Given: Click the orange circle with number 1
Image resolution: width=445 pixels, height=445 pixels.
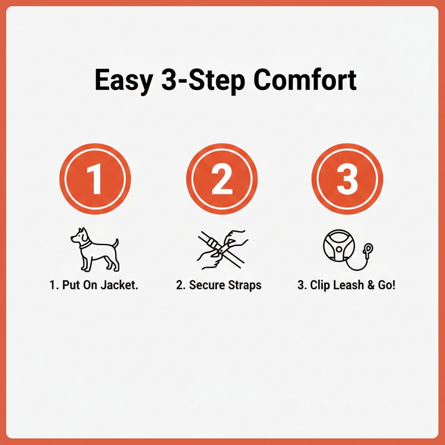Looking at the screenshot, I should coord(95,179).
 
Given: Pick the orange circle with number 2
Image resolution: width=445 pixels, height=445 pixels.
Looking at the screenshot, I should coord(222,179).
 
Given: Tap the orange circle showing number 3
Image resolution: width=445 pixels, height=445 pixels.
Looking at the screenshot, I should coord(347,179).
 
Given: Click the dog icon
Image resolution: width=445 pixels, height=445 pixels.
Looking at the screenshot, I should coord(95,249).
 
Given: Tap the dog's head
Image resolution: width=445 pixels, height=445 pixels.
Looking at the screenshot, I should coord(80,236).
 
